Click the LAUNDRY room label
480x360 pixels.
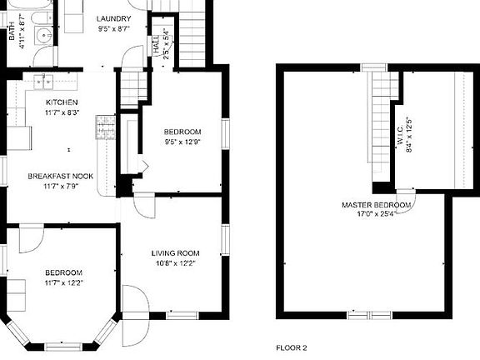coord(113,19)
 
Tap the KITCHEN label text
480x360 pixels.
coord(61,102)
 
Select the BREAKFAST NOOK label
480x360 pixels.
coord(59,176)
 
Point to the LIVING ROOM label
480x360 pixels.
coord(175,253)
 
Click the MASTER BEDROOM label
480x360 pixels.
coord(376,204)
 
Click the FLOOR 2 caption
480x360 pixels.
coord(292,347)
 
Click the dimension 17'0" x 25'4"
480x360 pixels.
coord(376,213)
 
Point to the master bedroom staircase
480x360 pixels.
coord(382,117)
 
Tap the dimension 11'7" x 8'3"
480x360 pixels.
coord(61,111)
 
